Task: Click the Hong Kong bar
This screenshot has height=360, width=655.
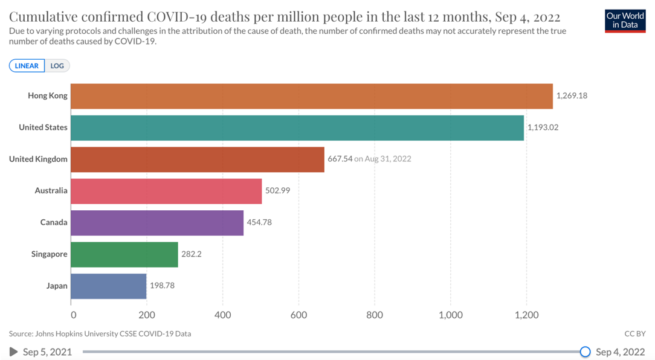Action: click(311, 96)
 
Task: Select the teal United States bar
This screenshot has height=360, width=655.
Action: click(297, 127)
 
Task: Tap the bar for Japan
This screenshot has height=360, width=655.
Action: click(108, 286)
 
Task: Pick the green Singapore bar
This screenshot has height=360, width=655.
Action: click(124, 254)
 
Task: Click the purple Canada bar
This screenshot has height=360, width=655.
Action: click(156, 222)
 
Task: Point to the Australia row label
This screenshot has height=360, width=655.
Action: click(51, 191)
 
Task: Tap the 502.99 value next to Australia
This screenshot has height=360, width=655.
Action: click(277, 191)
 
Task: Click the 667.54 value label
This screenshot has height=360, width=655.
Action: click(340, 159)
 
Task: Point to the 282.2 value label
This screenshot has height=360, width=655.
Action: click(191, 254)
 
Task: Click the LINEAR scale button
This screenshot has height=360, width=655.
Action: click(27, 66)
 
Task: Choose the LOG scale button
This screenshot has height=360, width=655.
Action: click(57, 66)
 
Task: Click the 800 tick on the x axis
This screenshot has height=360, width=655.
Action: click(375, 315)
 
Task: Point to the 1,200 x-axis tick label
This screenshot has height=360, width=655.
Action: click(526, 315)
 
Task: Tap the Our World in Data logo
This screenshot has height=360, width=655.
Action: click(625, 21)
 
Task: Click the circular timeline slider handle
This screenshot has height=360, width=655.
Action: click(585, 352)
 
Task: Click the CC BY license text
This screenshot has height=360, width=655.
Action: click(634, 333)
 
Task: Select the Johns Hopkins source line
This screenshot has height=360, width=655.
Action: click(100, 333)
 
